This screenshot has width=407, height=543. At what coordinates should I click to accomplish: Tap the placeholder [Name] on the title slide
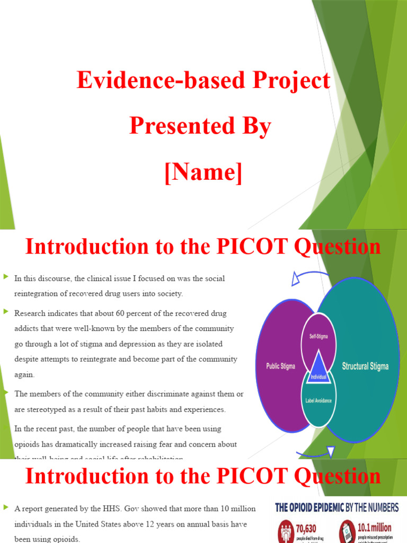click(203, 173)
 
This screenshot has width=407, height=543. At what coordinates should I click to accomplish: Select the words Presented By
click(200, 127)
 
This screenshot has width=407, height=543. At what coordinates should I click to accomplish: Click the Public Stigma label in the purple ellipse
click(280, 366)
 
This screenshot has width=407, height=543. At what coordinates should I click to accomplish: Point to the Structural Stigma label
click(365, 366)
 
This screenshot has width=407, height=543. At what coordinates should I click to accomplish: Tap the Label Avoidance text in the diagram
click(318, 400)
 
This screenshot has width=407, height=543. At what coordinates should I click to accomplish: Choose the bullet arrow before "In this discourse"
click(6, 277)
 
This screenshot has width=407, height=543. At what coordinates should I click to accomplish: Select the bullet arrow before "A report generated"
click(6, 508)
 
